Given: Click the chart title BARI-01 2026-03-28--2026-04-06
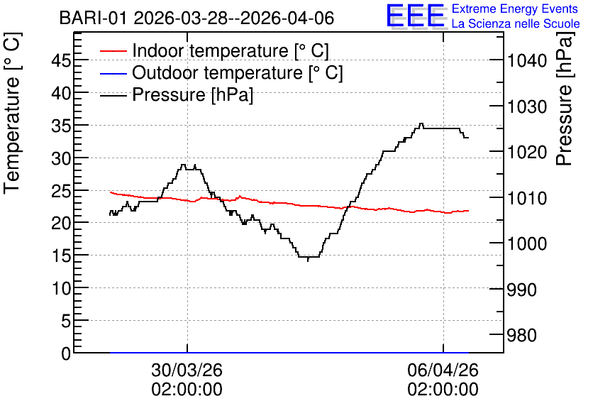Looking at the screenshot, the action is point(196,18).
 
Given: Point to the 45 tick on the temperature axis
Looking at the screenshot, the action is point(61,60).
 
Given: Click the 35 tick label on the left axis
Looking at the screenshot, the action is point(61,125).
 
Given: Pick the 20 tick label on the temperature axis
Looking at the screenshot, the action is point(61,224).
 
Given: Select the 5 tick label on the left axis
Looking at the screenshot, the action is point(66,322).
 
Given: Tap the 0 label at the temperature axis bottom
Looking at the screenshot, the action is point(66,353).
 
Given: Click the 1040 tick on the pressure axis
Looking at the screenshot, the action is point(527,60).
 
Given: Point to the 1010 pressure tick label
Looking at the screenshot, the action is point(527,198).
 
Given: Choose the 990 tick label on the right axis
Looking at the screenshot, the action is point(521,290).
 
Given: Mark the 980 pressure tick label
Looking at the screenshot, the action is point(521,335).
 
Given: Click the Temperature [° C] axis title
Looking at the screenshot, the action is point(12,114).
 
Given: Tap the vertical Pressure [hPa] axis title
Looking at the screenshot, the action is point(564,99).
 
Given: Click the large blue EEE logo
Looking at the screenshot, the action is point(416,16).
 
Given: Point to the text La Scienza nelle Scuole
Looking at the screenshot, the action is point(516,24).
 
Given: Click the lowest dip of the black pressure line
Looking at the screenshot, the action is point(309,260).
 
